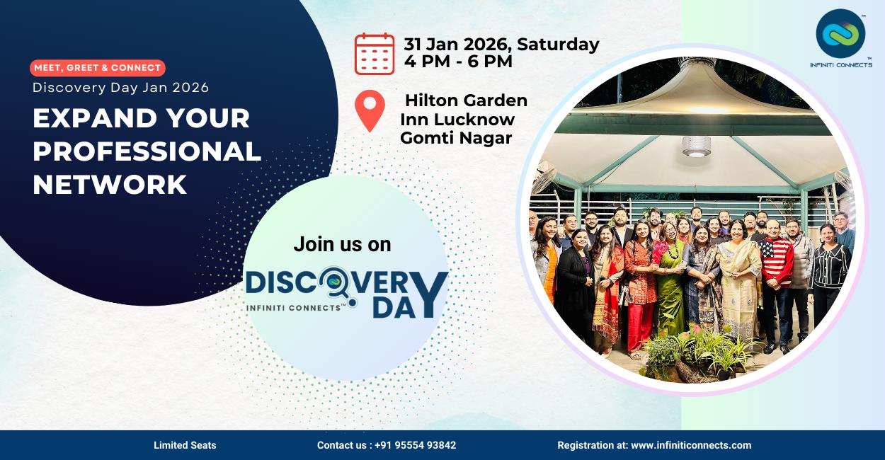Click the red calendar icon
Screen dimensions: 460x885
point(375,54)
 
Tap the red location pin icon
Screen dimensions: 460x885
point(370,110)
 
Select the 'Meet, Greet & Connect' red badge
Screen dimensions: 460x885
point(98,68)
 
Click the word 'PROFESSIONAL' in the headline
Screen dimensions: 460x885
point(147,151)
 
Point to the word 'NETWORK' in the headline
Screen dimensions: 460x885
point(110,185)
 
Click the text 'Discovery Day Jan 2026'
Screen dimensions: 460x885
point(121,88)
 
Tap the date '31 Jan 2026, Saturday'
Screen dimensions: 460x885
point(501,44)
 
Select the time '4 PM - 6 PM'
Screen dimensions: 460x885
point(458,62)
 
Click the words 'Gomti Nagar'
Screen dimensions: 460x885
point(456,138)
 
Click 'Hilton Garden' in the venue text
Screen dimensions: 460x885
point(466,100)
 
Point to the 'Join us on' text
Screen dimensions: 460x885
point(342,245)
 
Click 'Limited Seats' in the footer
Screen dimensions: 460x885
point(185,445)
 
